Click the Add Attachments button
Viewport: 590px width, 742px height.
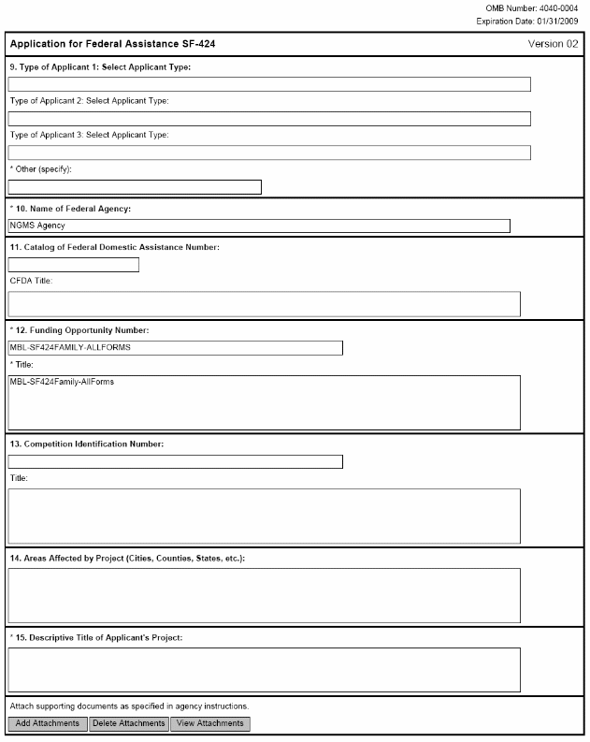[48, 723]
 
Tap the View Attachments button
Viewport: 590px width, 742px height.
[210, 723]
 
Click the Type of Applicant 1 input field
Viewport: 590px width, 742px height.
[269, 84]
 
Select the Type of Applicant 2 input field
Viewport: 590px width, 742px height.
[269, 119]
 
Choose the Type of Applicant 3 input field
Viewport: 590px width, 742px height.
[269, 153]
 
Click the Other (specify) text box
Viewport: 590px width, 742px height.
[135, 187]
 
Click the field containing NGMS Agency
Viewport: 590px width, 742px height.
[259, 226]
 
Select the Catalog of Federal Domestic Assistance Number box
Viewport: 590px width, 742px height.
[74, 265]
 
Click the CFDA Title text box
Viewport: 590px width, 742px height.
[264, 304]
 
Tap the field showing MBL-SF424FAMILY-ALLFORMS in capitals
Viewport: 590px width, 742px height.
[175, 348]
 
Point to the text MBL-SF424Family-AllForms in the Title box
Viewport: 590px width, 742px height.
[62, 382]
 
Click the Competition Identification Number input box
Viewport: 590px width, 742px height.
[175, 461]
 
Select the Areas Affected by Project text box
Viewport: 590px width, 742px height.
[264, 595]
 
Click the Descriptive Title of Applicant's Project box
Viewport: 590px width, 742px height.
[264, 670]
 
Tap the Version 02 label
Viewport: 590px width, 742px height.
[553, 44]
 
